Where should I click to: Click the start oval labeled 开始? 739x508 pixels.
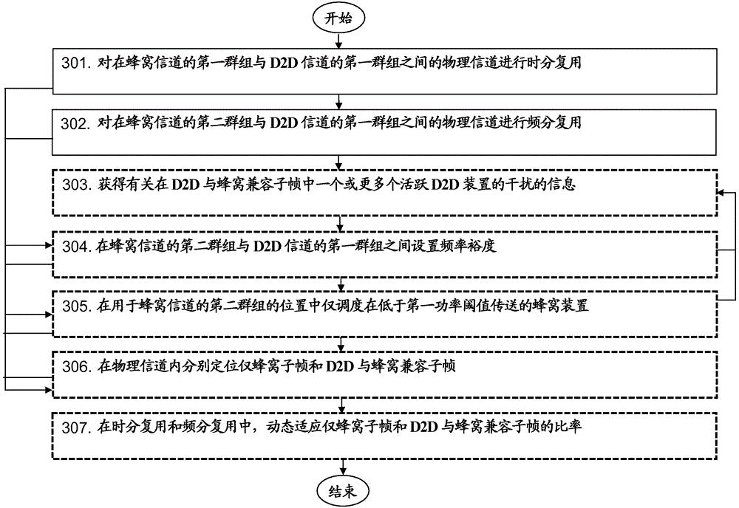click(339, 18)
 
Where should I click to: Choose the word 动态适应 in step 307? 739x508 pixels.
click(290, 427)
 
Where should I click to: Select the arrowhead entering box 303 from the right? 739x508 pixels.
click(724, 191)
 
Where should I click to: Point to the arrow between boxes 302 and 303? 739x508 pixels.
click(339, 162)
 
